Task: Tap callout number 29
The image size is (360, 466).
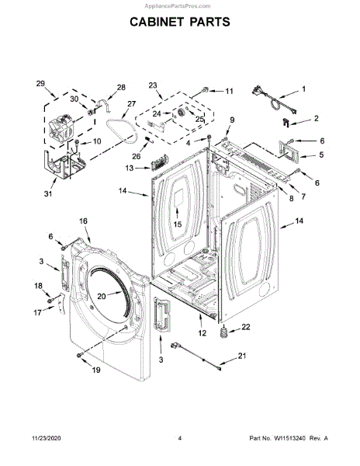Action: [x=40, y=84]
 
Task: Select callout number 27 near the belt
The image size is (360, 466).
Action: [x=131, y=104]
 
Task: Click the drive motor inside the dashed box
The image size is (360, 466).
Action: [x=62, y=126]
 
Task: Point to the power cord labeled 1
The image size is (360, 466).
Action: [x=273, y=101]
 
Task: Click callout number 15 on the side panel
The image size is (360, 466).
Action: [x=178, y=224]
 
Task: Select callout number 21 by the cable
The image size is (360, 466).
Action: [x=242, y=356]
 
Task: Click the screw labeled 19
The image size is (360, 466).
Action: [x=80, y=355]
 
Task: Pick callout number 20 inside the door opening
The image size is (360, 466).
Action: [x=102, y=297]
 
